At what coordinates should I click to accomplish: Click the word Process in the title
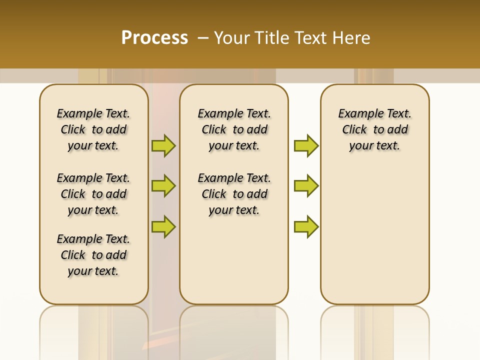pos(154,38)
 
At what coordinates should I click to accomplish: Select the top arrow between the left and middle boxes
pos(163,145)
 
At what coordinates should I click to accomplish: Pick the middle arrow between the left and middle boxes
pos(163,186)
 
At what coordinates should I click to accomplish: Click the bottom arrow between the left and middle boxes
pos(163,226)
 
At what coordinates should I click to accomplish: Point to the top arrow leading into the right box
pos(306,145)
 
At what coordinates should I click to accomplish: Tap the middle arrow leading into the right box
pos(306,186)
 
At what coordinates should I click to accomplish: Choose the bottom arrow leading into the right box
pos(306,226)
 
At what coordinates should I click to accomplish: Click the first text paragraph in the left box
pos(93,129)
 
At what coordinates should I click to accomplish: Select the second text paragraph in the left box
pos(93,194)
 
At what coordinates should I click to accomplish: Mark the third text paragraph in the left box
pos(93,255)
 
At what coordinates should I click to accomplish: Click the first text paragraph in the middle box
pos(234,129)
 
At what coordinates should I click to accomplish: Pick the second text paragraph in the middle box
pos(234,194)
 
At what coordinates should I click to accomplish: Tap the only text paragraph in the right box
pos(374,129)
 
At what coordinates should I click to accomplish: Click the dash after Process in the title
pos(203,38)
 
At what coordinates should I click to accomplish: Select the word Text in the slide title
pos(309,38)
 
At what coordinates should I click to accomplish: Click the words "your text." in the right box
pos(374,146)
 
